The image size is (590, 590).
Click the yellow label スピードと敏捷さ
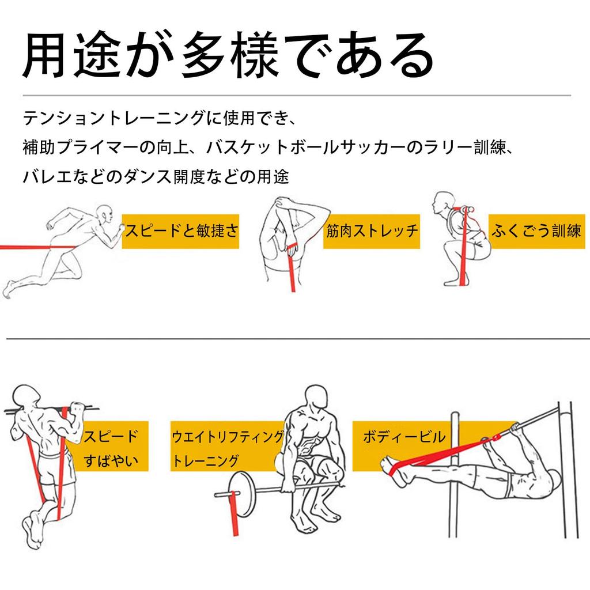pos(180,231)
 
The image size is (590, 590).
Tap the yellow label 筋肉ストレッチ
pos(372,231)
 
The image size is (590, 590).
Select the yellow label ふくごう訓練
pos(536,231)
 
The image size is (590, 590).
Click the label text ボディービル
pos(404,437)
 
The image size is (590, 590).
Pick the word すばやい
pos(111,460)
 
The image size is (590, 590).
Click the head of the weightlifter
pos(315,398)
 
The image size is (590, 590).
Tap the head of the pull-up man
pos(25,397)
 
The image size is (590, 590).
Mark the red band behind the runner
pos(37,247)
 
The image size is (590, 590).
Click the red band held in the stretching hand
pos(292,268)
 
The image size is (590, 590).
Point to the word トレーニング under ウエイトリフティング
pos(206,460)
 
